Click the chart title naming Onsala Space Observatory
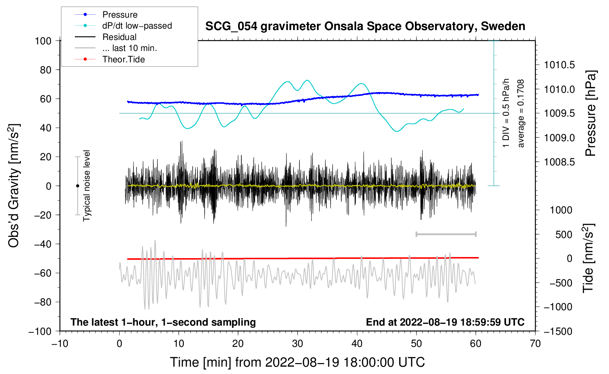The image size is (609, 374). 365,26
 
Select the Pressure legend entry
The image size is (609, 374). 106,14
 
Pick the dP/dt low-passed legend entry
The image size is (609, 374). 123,26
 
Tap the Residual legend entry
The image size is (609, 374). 106,37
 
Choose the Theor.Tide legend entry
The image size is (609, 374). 110,59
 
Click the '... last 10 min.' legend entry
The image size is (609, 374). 116,48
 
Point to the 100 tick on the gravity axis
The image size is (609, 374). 43,41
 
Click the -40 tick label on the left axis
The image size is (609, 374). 43,244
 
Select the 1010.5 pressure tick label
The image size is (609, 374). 559,65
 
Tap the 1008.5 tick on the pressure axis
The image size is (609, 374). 559,162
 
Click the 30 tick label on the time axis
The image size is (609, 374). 298,344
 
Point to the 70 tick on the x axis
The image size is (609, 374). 535,344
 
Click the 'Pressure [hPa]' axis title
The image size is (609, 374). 591,113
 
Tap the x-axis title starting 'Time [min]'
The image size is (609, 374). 298,362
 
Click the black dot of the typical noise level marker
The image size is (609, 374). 77,186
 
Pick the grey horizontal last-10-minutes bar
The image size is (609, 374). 446,234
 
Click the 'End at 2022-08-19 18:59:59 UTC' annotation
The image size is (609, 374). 445,322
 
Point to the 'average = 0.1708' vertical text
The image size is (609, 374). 521,113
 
